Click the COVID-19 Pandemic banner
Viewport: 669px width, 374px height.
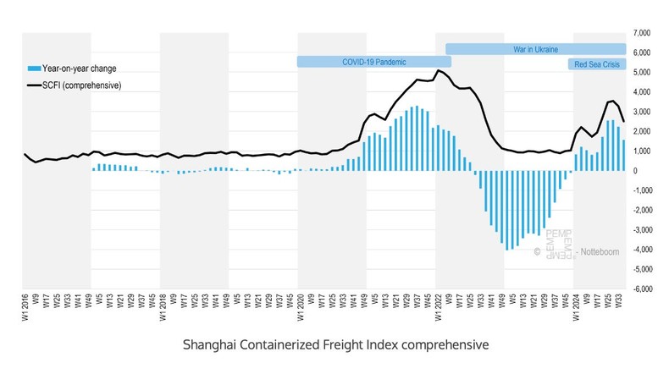click(373, 62)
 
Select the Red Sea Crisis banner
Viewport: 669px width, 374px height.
click(596, 63)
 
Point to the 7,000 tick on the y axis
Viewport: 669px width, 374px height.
click(640, 33)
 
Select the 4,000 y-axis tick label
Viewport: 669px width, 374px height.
click(640, 92)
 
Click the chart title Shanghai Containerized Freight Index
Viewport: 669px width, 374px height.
click(335, 345)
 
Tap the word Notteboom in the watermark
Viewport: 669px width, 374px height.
click(596, 252)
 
